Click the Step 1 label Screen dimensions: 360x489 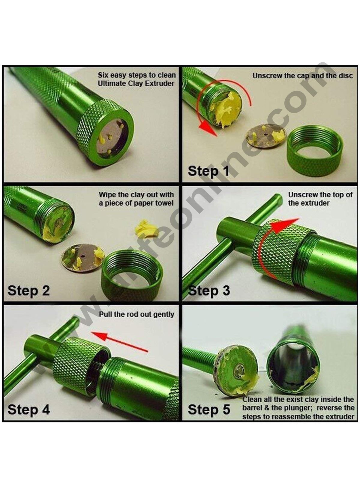click(208, 171)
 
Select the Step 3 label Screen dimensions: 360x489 click(209, 291)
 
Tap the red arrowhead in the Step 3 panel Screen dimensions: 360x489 click(284, 225)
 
